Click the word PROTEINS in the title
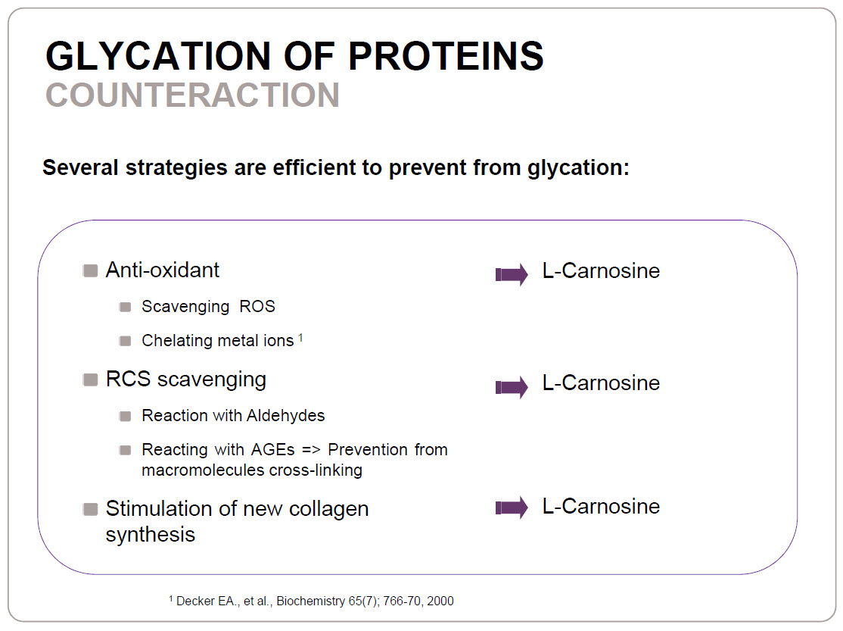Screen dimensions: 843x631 point(446,55)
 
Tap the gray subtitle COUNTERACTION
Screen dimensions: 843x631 point(192,95)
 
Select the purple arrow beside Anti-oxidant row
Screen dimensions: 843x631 point(512,274)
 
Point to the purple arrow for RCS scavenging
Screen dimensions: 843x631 point(512,387)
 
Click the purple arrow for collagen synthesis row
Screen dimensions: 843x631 point(512,508)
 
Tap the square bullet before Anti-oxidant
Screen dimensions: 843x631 point(90,270)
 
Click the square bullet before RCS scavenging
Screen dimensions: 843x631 point(90,380)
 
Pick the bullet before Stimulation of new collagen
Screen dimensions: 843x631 point(90,509)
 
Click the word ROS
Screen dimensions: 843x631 point(257,306)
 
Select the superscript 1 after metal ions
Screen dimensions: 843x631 point(300,338)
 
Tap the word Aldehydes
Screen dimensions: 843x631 point(285,416)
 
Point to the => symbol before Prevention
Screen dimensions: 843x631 point(311,450)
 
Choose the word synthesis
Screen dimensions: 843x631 point(151,535)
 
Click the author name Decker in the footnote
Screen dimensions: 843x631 point(196,601)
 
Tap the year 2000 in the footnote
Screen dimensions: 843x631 point(440,601)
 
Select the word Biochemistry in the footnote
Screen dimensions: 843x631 point(311,601)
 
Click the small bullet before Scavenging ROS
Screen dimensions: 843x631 point(126,307)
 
